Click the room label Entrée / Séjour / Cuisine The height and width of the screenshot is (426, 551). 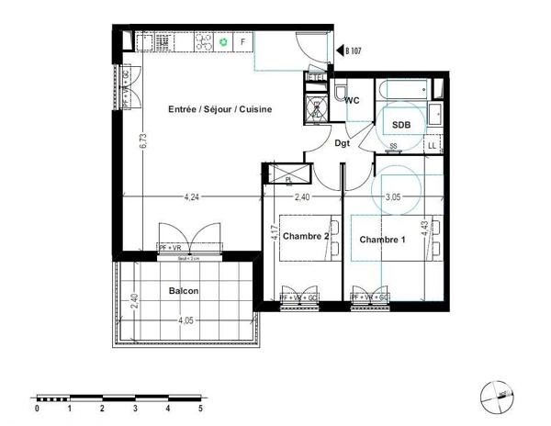point(220,109)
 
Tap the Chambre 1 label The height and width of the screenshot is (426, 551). point(383,240)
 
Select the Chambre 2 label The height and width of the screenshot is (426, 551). point(306,236)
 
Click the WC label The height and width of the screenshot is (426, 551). point(352,102)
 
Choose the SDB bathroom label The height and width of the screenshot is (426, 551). point(400,124)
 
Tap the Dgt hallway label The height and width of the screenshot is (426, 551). point(343,143)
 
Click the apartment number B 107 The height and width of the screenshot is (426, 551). point(357,52)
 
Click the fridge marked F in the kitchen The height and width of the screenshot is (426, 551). point(242,42)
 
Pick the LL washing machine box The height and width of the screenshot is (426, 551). point(433,145)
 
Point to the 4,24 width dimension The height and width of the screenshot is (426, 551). point(191,196)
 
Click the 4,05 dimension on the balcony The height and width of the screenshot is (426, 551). point(186,320)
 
